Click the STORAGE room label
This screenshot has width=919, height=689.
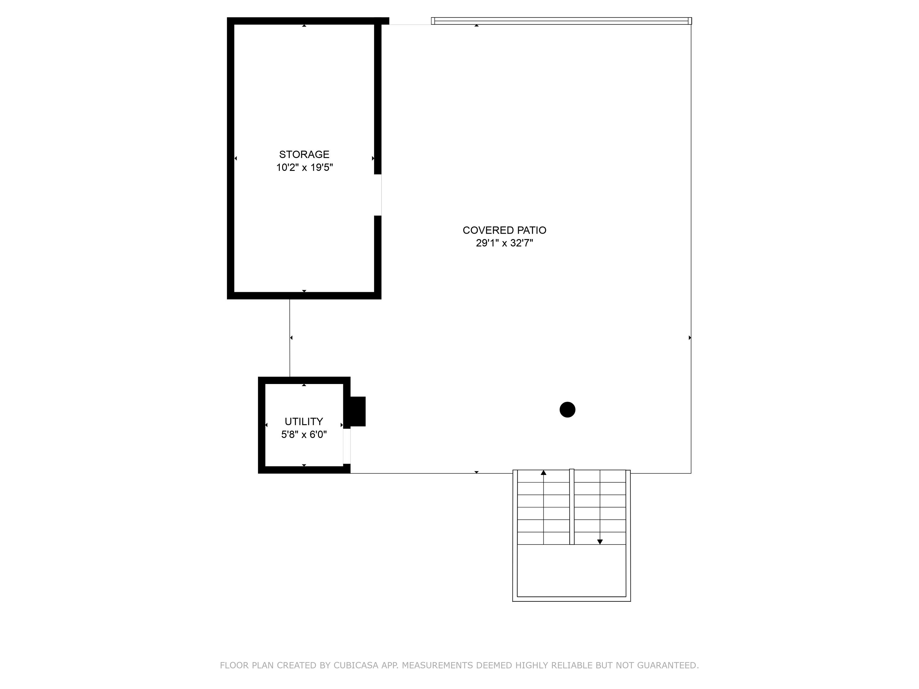304,155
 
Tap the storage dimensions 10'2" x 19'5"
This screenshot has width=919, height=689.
304,168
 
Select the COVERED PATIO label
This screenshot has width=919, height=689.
504,230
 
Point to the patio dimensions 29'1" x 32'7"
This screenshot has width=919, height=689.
504,243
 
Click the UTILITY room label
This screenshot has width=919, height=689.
304,422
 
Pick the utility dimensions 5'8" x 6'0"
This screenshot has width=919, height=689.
304,435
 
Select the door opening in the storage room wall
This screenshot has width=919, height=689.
378,195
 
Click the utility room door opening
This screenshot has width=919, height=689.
346,446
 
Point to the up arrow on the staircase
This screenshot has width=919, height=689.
543,473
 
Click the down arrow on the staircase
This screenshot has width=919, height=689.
600,542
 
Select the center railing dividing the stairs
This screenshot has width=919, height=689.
572,507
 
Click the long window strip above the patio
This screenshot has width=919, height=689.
561,21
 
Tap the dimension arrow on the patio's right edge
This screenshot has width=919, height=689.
690,338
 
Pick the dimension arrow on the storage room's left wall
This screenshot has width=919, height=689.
236,158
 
